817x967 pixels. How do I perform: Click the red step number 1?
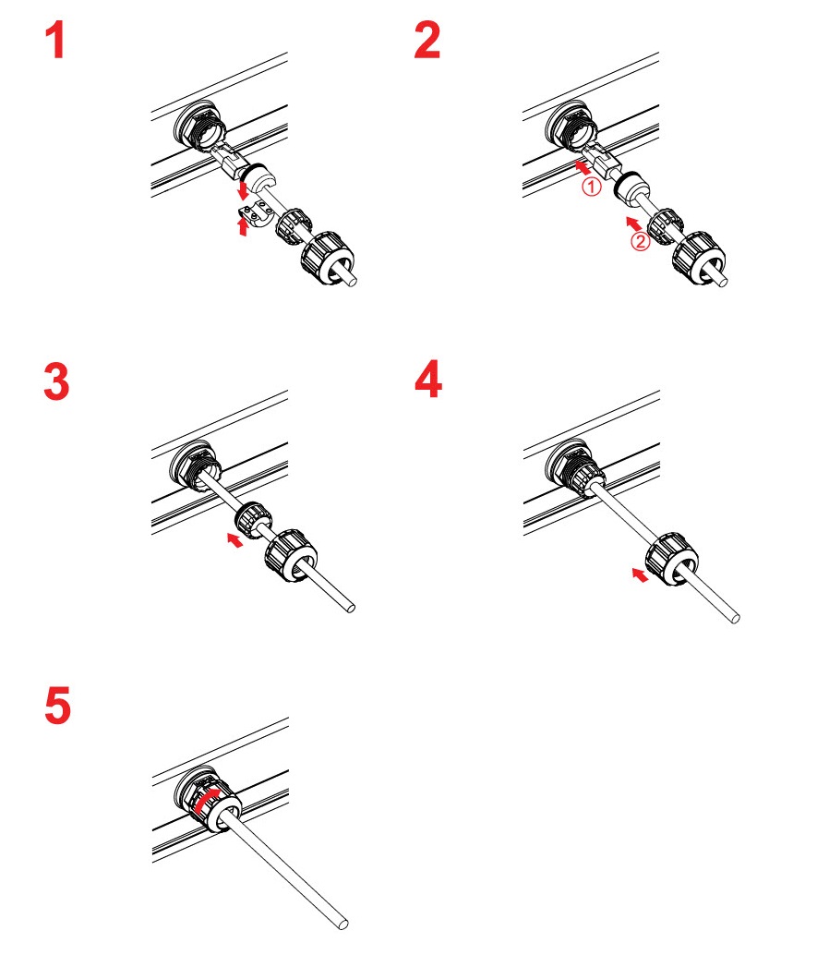click(56, 42)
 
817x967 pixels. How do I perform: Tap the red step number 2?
click(427, 42)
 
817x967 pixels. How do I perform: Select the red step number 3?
click(56, 381)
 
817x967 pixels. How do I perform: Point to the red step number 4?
click(427, 381)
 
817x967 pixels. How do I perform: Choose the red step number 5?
click(56, 707)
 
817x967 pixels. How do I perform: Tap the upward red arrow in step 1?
click(244, 224)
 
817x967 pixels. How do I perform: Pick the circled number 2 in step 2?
click(638, 244)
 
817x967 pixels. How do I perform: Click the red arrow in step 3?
click(237, 538)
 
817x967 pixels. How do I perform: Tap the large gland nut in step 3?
click(291, 560)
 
